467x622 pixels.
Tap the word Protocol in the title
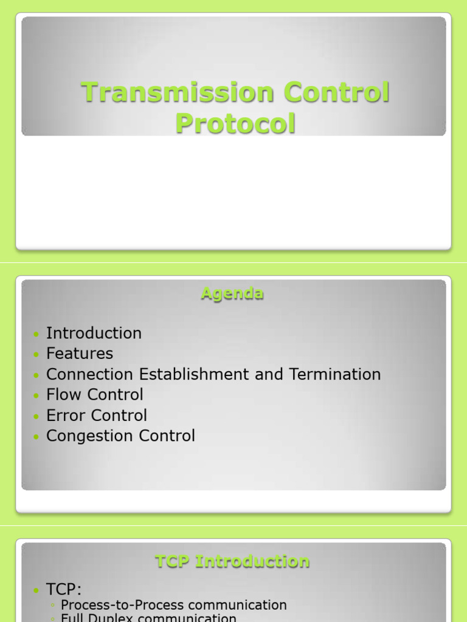pyautogui.click(x=235, y=123)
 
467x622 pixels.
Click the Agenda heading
pyautogui.click(x=232, y=294)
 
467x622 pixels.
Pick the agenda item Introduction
pyautogui.click(x=94, y=333)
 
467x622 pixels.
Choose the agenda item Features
pyautogui.click(x=80, y=354)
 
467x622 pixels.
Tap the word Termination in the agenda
pyautogui.click(x=335, y=374)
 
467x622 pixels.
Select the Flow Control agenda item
pyautogui.click(x=95, y=395)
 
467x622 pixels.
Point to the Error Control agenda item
pyautogui.click(x=97, y=415)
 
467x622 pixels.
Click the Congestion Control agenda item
pyautogui.click(x=120, y=436)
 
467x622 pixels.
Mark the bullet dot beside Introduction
pyautogui.click(x=37, y=334)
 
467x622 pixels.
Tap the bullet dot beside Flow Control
pyautogui.click(x=37, y=396)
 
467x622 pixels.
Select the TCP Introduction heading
pyautogui.click(x=232, y=561)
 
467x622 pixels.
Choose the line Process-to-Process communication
pyautogui.click(x=174, y=605)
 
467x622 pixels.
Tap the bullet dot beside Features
pyautogui.click(x=37, y=355)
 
